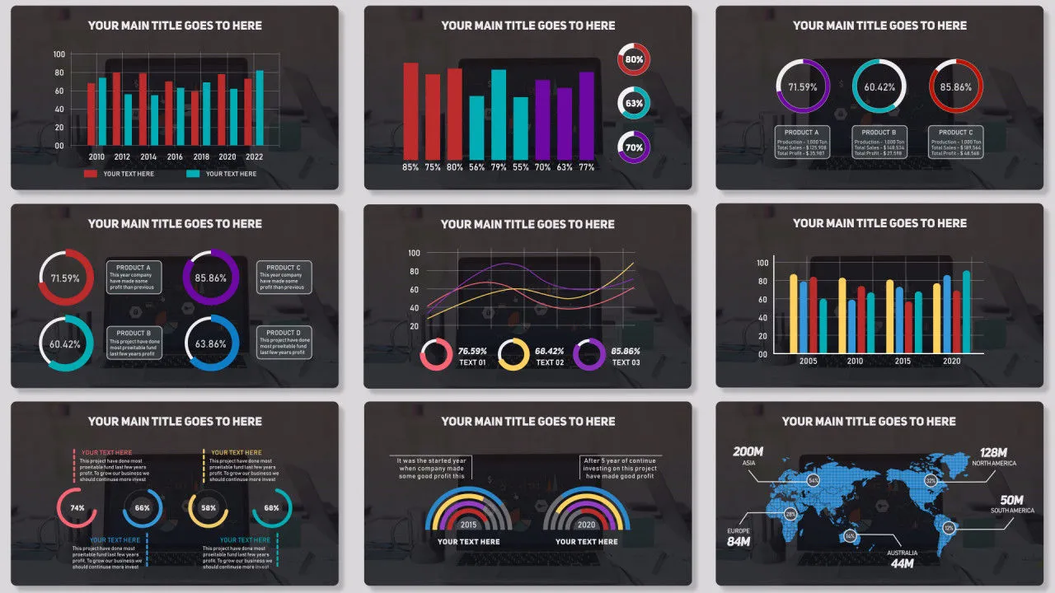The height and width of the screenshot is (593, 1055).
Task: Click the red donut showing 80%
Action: click(634, 59)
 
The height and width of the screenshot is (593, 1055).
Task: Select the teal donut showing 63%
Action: click(634, 103)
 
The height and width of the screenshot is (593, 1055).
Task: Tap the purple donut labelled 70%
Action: click(634, 147)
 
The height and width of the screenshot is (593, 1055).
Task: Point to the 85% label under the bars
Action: click(410, 167)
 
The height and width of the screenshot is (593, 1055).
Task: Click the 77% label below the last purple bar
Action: click(586, 167)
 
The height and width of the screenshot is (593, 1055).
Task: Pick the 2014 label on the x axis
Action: click(148, 157)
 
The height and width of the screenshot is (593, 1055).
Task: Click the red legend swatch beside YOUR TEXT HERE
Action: click(91, 174)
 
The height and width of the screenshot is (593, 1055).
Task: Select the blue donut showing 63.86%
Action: click(211, 343)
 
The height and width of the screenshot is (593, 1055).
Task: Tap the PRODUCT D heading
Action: click(284, 333)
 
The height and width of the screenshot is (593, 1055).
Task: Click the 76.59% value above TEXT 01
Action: click(472, 352)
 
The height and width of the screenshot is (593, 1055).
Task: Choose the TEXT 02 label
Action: click(550, 362)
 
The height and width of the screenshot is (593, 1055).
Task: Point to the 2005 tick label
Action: click(808, 362)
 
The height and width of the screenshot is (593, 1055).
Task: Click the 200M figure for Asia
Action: click(748, 451)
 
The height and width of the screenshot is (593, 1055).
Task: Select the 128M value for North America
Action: click(994, 452)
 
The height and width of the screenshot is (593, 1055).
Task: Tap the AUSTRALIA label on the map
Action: click(903, 553)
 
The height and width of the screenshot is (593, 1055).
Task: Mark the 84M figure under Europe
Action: click(738, 542)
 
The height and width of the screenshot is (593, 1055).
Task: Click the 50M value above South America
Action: click(1012, 500)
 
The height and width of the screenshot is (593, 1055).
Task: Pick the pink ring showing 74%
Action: click(77, 508)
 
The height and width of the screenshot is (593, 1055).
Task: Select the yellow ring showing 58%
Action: click(209, 508)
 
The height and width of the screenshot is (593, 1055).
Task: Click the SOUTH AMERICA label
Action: click(1012, 511)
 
